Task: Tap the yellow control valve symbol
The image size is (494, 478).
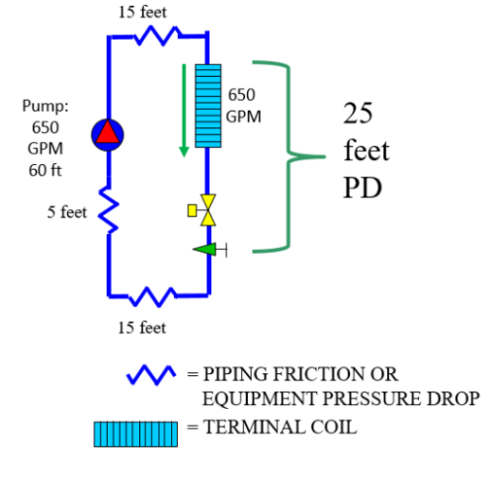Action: [x=206, y=207]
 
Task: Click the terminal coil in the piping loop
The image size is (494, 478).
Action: [x=206, y=107]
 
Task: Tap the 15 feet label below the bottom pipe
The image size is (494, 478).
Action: [x=141, y=327]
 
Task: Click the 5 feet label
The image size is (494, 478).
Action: [x=66, y=212]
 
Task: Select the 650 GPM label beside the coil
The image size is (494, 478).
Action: [x=242, y=105]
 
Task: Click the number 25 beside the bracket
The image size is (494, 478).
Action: [x=358, y=114]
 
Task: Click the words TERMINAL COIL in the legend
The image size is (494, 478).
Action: [x=281, y=428]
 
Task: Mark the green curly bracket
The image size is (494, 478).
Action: [x=292, y=156]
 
